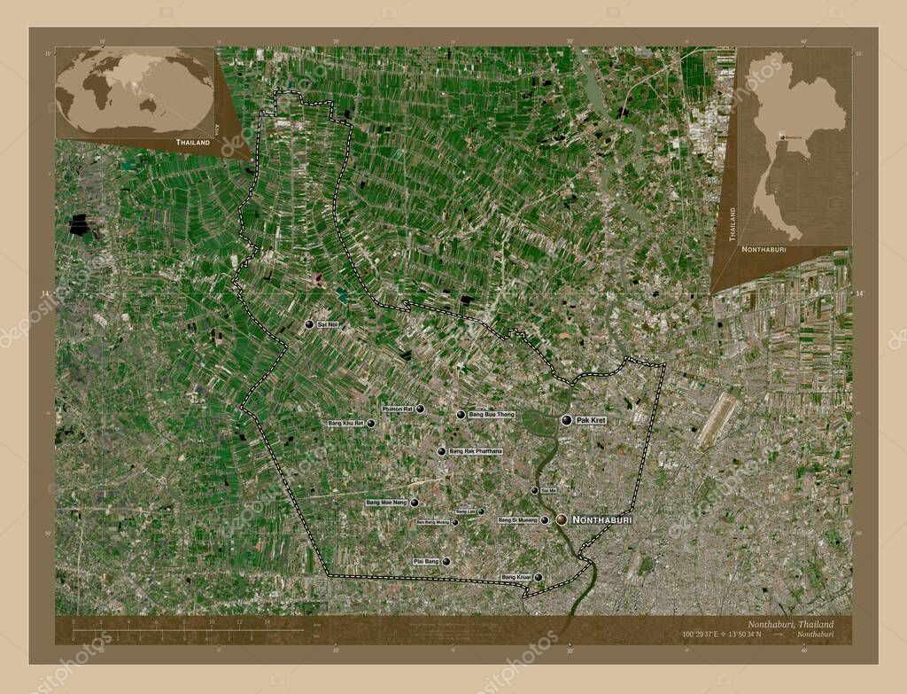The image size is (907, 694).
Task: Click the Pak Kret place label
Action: point(590,420)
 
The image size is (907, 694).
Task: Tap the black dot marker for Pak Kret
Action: point(566,420)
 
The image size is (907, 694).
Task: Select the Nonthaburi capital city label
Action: point(602,519)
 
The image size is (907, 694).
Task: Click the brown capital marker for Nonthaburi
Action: point(562,520)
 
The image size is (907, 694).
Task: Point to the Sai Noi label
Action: point(328,325)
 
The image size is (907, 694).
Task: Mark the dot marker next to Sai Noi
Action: point(309,325)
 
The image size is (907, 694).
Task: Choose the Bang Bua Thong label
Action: point(492,415)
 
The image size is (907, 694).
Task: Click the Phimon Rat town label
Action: point(398,409)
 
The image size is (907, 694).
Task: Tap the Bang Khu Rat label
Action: point(345,424)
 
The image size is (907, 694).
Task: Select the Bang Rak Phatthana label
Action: point(476,451)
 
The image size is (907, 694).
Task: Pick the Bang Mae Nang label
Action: point(386,503)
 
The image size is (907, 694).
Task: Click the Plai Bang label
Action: point(426,561)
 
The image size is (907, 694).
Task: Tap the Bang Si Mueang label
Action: point(517,520)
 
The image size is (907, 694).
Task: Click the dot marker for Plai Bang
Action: point(446,561)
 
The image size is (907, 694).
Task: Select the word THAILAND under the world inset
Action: point(193,143)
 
